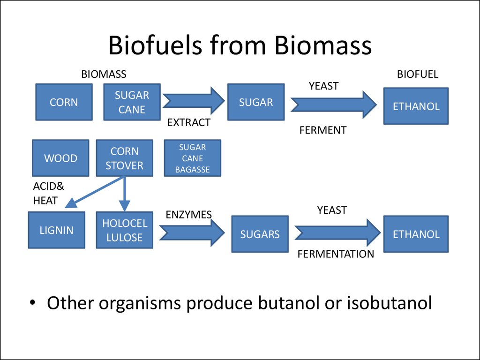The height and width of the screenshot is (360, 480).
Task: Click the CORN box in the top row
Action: coord(64,102)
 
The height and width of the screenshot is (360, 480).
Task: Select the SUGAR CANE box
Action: coord(132,102)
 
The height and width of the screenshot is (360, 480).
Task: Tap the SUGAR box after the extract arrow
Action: coord(256,102)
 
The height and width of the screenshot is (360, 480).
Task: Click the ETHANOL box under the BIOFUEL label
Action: coord(416,106)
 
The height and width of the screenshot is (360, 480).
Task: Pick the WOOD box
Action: coord(60,158)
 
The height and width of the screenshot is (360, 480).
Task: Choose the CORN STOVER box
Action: coord(125,158)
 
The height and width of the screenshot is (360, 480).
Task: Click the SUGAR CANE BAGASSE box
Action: coord(193,158)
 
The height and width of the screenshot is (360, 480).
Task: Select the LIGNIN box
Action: coord(57,230)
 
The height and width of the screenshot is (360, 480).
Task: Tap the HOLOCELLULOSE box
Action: coord(125,230)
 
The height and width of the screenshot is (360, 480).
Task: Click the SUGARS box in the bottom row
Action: coord(260,234)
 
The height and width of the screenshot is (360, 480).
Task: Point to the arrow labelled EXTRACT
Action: coord(194,101)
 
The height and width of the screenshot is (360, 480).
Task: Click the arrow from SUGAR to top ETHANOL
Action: coord(334,105)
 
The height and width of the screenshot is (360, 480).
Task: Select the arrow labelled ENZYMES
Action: coord(192,232)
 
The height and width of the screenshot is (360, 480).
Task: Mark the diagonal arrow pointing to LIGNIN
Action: coord(94,192)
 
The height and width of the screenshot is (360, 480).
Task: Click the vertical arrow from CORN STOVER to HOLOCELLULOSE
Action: coord(124,194)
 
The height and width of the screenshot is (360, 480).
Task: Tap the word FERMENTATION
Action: coord(336,254)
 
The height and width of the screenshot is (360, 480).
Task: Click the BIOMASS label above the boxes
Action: coord(104,74)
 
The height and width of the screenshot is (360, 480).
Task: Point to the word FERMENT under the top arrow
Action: coord(322,130)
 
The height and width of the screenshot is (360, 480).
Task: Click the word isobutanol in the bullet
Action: coord(390,303)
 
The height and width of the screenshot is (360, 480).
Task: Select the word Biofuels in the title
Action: coord(155,45)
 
